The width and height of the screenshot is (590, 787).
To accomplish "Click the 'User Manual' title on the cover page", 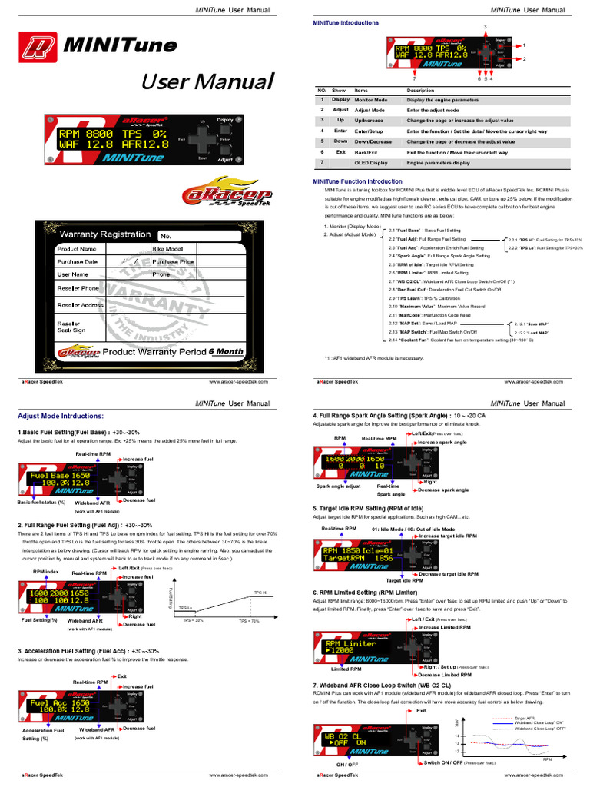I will click(x=207, y=81).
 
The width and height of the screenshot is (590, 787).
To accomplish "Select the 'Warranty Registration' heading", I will click(x=105, y=234).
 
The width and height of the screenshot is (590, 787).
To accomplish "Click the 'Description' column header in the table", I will click(x=420, y=90).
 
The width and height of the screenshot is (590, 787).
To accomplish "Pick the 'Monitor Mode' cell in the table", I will click(x=371, y=100).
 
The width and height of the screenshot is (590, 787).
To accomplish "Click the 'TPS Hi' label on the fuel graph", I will click(x=259, y=593).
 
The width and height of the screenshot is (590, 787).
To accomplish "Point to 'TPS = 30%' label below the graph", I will click(x=193, y=620).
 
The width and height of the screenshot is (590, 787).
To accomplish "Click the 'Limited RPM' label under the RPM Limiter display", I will click(x=335, y=669).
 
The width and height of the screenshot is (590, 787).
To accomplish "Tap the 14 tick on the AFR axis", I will click(x=457, y=736).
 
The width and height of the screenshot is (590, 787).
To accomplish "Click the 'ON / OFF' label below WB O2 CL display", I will click(x=347, y=765).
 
